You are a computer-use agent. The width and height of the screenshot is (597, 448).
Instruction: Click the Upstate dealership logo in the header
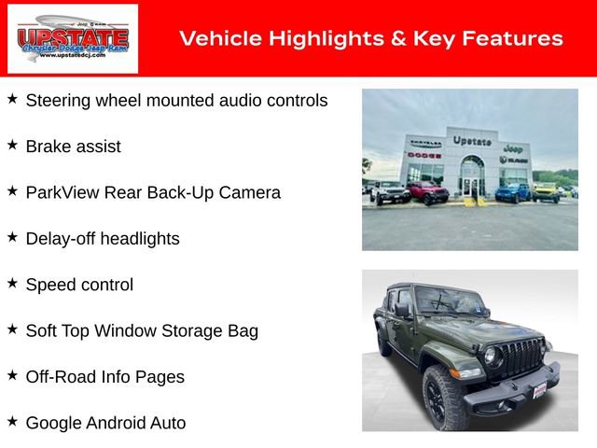(x=73, y=38)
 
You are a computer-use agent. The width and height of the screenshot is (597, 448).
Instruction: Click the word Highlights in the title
(x=310, y=38)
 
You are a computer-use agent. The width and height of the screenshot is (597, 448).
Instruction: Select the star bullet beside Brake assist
(x=12, y=145)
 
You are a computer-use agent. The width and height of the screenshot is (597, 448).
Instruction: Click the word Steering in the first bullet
(x=58, y=100)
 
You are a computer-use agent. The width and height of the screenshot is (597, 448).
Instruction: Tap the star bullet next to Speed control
(x=12, y=283)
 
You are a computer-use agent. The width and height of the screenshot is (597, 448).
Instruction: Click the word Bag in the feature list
(x=243, y=330)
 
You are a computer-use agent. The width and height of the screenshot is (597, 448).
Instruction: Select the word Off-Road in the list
(x=61, y=377)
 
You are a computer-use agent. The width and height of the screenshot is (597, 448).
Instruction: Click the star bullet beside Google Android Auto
(x=12, y=421)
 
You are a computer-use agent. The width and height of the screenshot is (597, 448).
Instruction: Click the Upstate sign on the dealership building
(x=472, y=141)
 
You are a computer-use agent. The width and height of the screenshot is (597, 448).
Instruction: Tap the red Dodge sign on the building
(x=423, y=155)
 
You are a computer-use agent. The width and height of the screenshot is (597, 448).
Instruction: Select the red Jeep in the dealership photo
(x=427, y=193)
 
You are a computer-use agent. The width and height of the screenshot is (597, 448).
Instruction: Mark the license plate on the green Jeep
(x=539, y=389)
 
